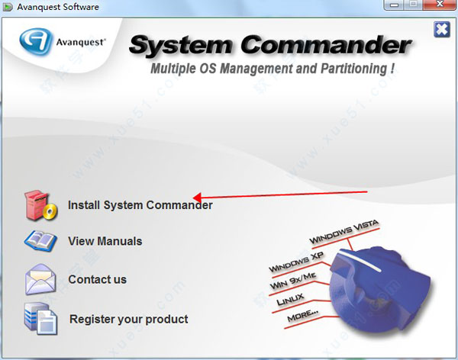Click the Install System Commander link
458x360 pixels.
pos(140,205)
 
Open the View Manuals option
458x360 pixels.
pos(105,241)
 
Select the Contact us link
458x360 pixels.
pos(97,279)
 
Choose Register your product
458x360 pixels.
pos(129,319)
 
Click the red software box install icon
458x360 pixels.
pos(40,205)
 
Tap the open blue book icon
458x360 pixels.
pos(40,241)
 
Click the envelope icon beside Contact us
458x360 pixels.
pos(40,279)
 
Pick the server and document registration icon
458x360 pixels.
pos(40,318)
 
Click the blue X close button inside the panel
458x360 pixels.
pos(442,30)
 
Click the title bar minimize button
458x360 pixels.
pos(395,5)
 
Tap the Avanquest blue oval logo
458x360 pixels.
pos(36,41)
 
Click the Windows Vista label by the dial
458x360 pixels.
pos(343,232)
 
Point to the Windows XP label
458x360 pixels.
pos(296,262)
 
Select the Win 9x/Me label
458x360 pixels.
pos(293,281)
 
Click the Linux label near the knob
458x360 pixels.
pos(290,300)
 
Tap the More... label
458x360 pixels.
pos(303,316)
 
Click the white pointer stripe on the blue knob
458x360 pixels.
pos(361,261)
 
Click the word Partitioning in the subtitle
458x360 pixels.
pos(354,69)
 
